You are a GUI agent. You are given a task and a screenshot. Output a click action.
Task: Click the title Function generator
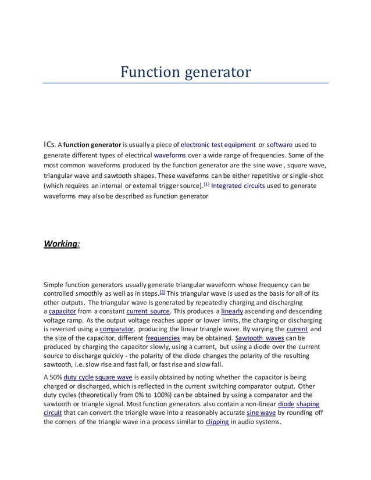[x=185, y=72]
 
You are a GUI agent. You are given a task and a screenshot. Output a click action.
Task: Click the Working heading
[x=62, y=243]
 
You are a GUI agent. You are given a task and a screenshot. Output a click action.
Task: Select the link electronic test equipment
[x=218, y=145]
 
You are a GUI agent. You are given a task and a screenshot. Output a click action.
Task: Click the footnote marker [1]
[x=206, y=185]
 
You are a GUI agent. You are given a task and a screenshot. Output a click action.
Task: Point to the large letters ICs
[x=51, y=145]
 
